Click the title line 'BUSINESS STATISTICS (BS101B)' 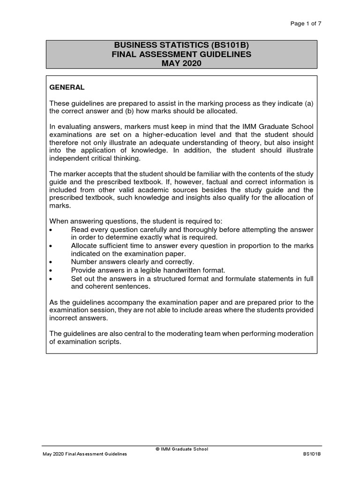[x=181, y=45]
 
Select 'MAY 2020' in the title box [x=181, y=63]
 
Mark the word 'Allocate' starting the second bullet [x=85, y=246]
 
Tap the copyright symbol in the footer [x=157, y=449]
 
